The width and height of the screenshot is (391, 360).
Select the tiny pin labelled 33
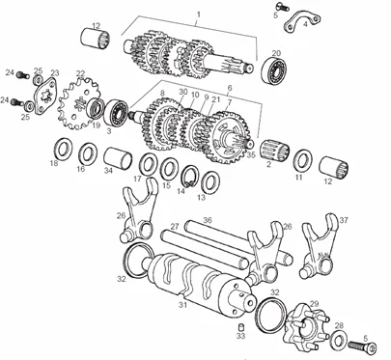pos(240,327)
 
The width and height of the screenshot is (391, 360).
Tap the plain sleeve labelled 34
pos(118,159)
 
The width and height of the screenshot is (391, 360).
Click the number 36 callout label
pos(208,220)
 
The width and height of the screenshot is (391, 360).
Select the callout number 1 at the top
pos(199,14)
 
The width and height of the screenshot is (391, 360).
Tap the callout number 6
pos(230,88)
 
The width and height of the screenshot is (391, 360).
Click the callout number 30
pos(183,92)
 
